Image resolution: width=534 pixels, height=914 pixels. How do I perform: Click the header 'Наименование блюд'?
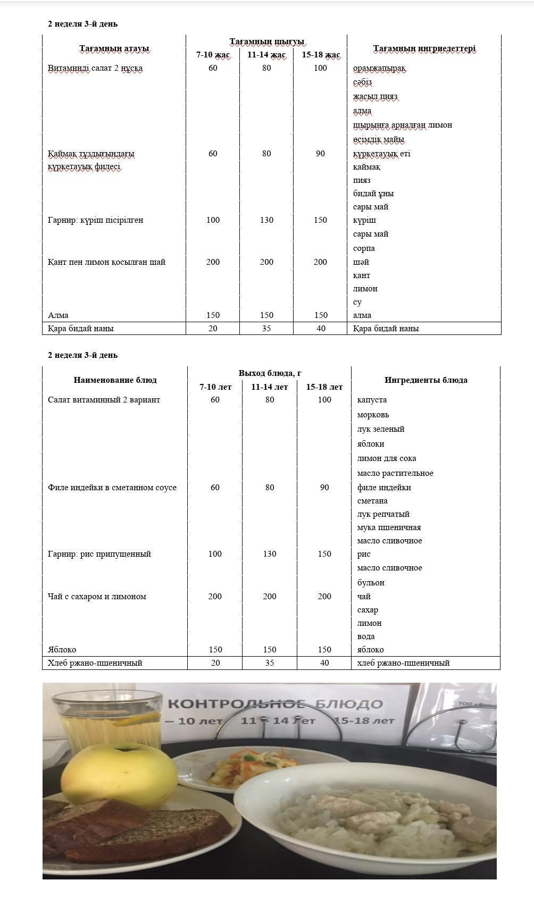(115, 380)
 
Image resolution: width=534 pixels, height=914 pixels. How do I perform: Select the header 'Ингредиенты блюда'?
(425, 380)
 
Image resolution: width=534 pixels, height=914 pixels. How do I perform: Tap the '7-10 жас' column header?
(213, 55)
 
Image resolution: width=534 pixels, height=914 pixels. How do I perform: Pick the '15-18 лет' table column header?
(324, 387)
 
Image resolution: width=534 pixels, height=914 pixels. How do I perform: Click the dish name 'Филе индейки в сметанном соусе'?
(112, 488)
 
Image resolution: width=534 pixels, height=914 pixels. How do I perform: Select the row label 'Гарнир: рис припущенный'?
(99, 554)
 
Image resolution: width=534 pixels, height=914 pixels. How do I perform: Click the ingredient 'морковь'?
(373, 415)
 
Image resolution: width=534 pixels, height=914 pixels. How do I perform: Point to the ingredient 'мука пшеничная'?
(389, 527)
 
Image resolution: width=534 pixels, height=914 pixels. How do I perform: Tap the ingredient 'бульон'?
(371, 583)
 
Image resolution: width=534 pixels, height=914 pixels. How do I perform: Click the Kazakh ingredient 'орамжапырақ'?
(379, 69)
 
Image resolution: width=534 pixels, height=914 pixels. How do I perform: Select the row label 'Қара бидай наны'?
(81, 329)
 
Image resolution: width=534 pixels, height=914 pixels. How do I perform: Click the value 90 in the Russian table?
(324, 488)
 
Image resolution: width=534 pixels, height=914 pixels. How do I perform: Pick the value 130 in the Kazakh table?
(266, 220)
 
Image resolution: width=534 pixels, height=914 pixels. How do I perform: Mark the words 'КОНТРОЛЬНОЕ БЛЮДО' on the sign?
(275, 705)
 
